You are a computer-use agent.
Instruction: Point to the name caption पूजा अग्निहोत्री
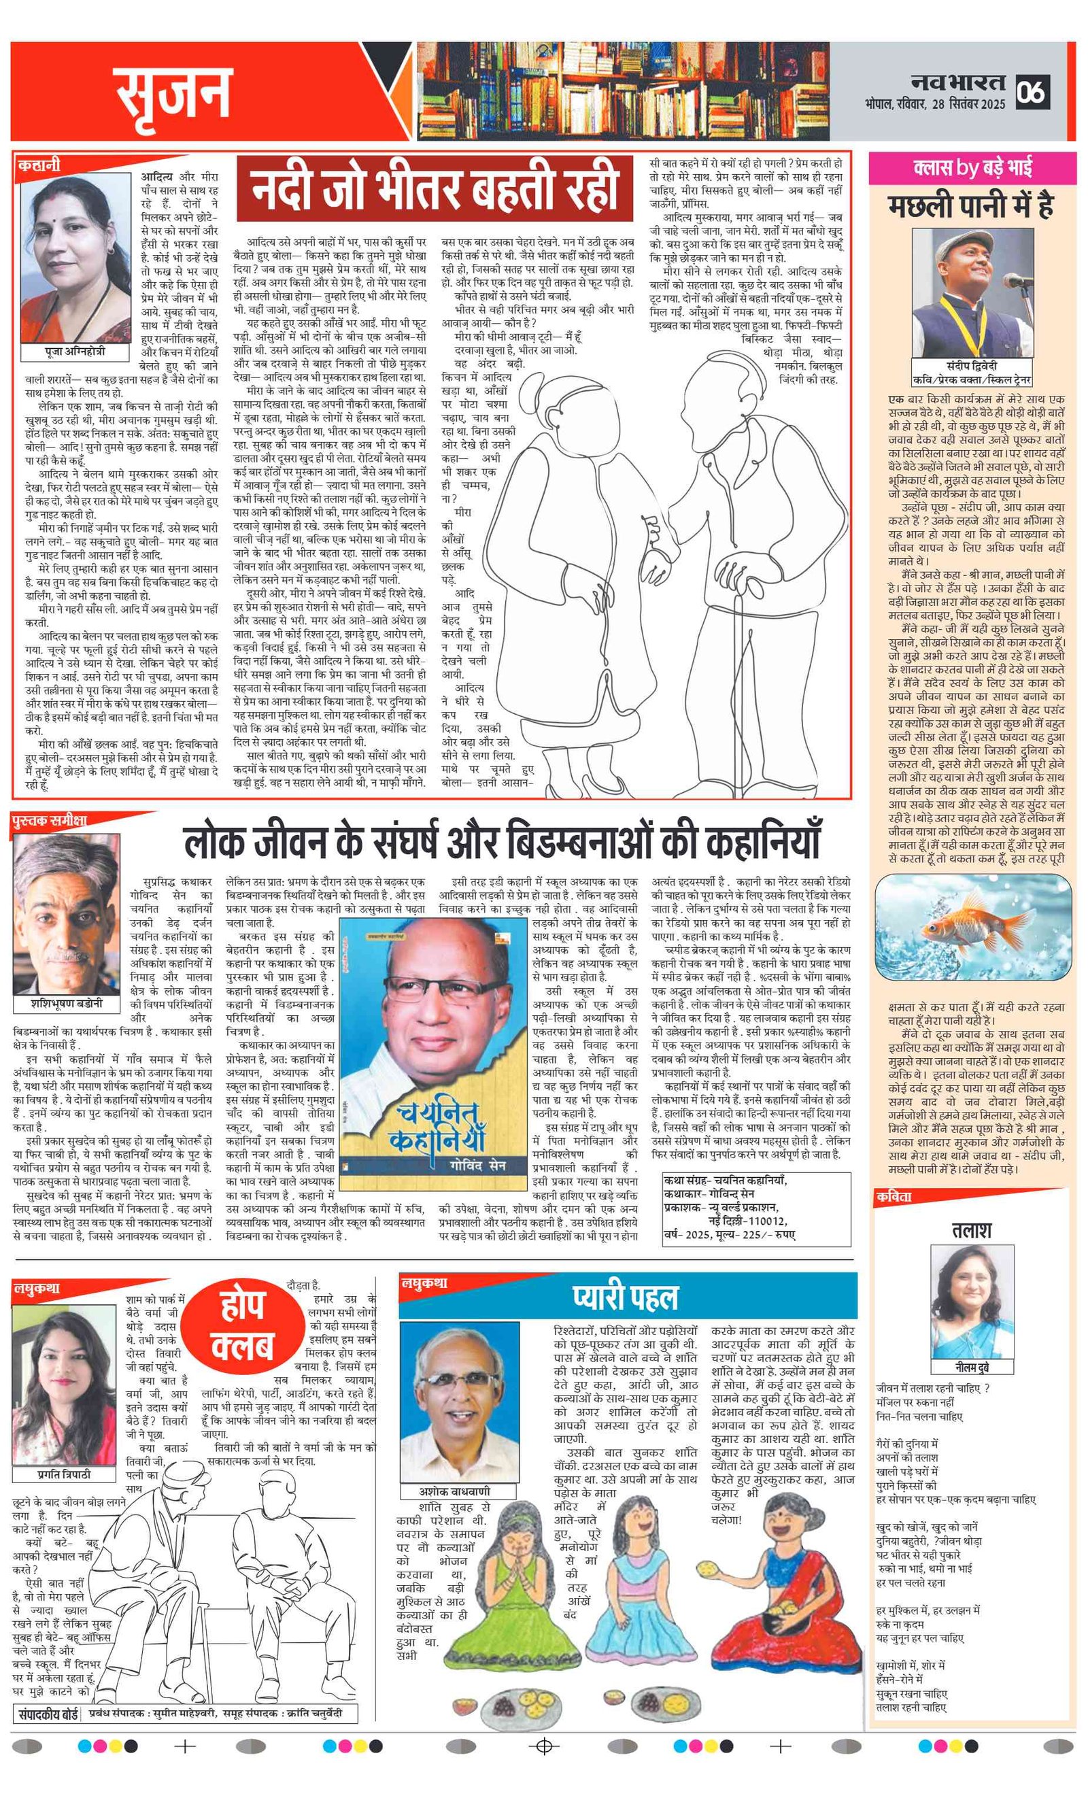pyautogui.click(x=74, y=352)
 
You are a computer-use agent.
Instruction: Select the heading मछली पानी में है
pyautogui.click(x=970, y=207)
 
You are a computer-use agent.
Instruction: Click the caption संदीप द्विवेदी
pyautogui.click(x=971, y=366)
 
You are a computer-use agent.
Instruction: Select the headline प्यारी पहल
pyautogui.click(x=626, y=1296)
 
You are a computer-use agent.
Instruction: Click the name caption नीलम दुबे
pyautogui.click(x=971, y=1367)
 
